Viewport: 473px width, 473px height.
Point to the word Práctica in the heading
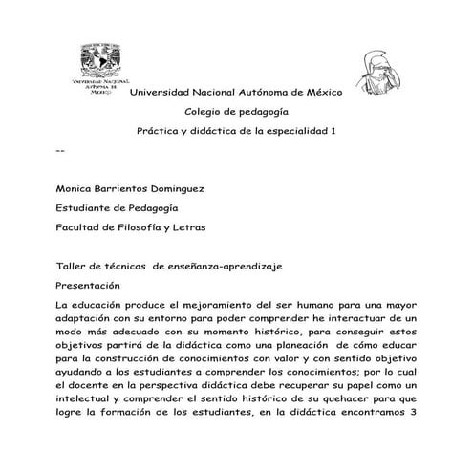(159, 131)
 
